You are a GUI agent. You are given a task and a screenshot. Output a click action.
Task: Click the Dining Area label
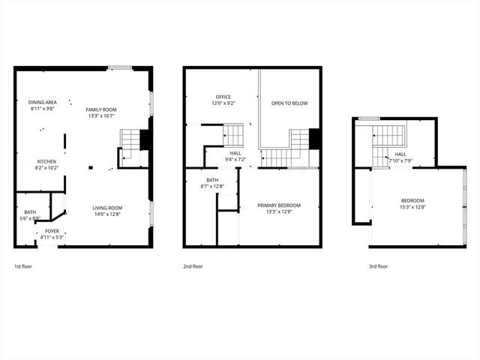pyautogui.click(x=42, y=103)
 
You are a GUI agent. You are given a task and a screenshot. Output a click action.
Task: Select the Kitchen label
pyautogui.click(x=47, y=161)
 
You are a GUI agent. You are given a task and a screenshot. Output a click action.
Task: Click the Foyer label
pyautogui.click(x=52, y=231)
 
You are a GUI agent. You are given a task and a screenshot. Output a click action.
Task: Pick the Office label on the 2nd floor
pyautogui.click(x=223, y=97)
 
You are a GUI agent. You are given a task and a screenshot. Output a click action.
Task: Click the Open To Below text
pyautogui.click(x=289, y=103)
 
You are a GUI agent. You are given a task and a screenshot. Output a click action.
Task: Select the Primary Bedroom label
pyautogui.click(x=279, y=205)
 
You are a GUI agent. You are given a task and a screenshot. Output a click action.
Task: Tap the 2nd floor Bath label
pyautogui.click(x=212, y=180)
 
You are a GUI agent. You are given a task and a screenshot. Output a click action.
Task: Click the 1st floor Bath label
pyautogui.click(x=30, y=212)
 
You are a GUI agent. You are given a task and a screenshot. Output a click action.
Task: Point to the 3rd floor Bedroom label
pyautogui.click(x=412, y=200)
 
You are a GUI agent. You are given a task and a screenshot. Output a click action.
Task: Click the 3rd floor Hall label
pyautogui.click(x=400, y=154)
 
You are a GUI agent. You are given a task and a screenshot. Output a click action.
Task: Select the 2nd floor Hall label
pyautogui.click(x=235, y=153)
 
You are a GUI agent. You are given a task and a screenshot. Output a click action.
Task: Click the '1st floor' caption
pyautogui.click(x=23, y=266)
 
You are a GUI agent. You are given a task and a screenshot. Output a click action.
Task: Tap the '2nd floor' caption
pyautogui.click(x=193, y=266)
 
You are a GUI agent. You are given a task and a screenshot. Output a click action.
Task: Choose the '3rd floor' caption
pyautogui.click(x=378, y=266)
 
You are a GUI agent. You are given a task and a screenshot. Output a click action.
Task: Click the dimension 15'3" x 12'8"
pyautogui.click(x=412, y=207)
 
